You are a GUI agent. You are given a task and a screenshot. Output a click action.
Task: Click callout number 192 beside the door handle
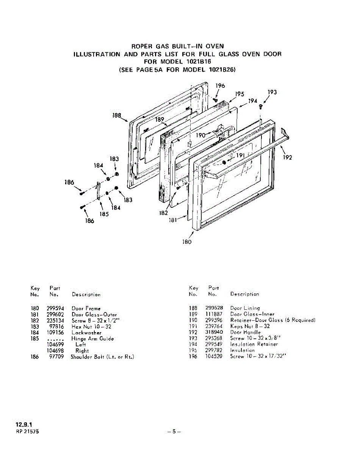point(288,157)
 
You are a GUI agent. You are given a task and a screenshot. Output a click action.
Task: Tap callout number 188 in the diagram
point(117,115)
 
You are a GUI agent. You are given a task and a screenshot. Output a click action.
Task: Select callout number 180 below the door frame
point(187,242)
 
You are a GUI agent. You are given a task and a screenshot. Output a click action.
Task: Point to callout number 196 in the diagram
point(220,86)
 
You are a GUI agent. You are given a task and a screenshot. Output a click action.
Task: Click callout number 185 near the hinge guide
point(104,214)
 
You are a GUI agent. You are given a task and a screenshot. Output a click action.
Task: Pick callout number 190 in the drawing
point(201,135)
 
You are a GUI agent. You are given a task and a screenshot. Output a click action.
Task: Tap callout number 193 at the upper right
point(272,92)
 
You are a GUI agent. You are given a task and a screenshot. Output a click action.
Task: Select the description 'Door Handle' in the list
point(246,332)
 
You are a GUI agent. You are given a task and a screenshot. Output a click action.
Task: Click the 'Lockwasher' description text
point(86,333)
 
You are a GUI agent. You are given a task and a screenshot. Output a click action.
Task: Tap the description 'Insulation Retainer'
point(254,344)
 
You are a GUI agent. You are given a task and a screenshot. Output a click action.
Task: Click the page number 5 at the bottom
point(174,431)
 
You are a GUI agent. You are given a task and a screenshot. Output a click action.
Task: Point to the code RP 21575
point(27,432)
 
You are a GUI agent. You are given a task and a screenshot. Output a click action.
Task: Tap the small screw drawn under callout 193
point(261,108)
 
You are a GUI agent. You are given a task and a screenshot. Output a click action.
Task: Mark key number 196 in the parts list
point(193,357)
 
